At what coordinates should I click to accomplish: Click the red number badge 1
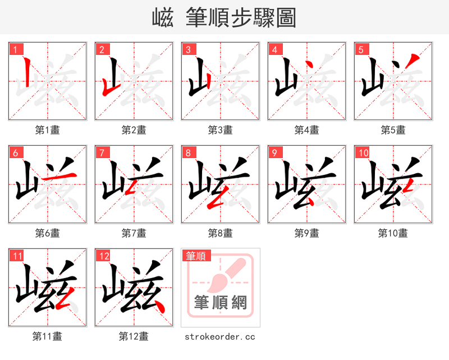pos(15,49)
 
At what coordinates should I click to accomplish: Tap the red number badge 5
pos(361,49)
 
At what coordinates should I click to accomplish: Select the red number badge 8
pos(188,153)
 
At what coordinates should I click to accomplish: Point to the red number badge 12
pos(103,256)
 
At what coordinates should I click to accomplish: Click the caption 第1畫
pos(48,130)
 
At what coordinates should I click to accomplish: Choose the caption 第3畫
pos(221,130)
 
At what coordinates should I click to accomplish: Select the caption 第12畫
pos(134,336)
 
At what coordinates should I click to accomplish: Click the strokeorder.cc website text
pos(221,336)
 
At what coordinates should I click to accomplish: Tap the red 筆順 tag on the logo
pos(196,256)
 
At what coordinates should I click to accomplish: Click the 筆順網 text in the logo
pos(221,303)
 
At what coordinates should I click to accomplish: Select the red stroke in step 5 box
pos(413,60)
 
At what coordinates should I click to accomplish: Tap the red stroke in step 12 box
pos(158,305)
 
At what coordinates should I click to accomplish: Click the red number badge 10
pos(363,153)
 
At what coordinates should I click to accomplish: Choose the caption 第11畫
pos(48,336)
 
